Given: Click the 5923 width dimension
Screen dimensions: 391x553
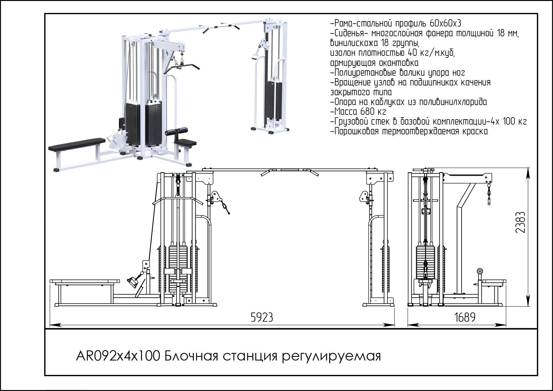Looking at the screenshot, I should [261, 317].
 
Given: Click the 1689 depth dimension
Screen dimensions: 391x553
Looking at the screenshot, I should [465, 317].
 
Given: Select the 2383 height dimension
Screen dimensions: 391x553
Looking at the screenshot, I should [520, 222].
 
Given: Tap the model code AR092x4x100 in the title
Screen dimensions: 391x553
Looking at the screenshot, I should [117, 356].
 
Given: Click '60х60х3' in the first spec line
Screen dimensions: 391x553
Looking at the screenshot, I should [445, 23].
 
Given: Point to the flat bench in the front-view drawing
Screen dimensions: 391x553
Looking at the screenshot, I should [85, 281].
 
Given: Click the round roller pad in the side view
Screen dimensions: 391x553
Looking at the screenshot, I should [480, 271].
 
